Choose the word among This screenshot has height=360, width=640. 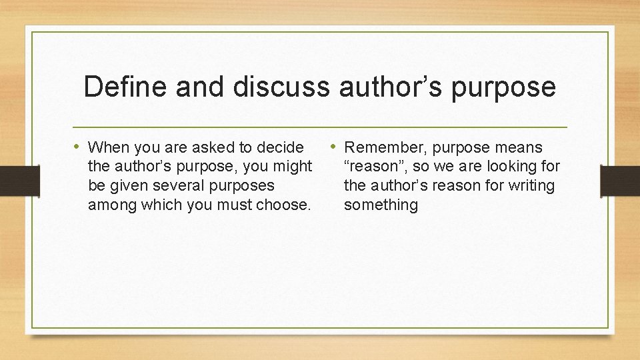click(x=111, y=205)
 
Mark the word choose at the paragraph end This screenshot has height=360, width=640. click(x=287, y=205)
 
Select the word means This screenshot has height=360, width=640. click(x=519, y=147)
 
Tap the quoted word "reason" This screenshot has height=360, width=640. click(x=374, y=166)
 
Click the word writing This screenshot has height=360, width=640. click(x=532, y=185)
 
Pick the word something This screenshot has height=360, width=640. click(x=381, y=205)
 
